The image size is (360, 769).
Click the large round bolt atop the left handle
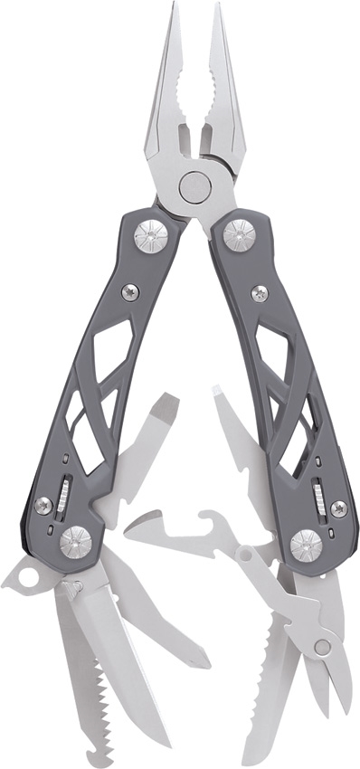point(151,237)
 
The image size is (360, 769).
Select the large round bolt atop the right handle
point(239,235)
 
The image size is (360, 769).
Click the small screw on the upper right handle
point(260,293)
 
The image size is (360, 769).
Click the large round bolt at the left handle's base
point(76,543)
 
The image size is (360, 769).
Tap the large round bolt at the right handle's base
point(306,546)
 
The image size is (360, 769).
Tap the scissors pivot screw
point(323,646)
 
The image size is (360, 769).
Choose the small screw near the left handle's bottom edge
point(43,505)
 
